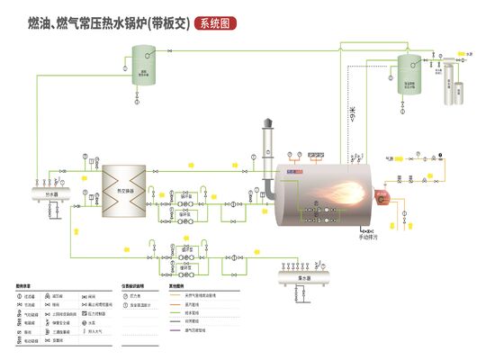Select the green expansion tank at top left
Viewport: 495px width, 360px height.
click(x=143, y=67)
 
